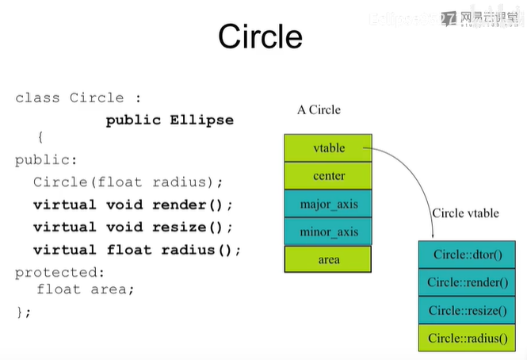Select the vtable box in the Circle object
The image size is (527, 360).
tap(328, 147)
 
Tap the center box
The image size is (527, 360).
tap(328, 175)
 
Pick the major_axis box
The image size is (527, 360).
tap(328, 204)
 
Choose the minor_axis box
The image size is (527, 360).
tap(328, 232)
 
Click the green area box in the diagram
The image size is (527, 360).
tap(328, 259)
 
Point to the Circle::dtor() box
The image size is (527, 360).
tap(468, 255)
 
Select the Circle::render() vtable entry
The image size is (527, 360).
tap(468, 281)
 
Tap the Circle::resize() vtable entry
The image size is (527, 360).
tap(468, 310)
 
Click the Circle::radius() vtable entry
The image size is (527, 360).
tap(468, 338)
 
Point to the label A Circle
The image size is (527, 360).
tap(319, 109)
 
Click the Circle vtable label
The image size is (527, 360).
tap(465, 213)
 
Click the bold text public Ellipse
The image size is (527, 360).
tap(170, 120)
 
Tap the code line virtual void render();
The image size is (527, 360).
tap(133, 205)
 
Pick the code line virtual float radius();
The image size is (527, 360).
tap(136, 250)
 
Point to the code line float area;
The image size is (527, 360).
tap(86, 289)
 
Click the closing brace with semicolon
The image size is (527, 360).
tap(23, 312)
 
